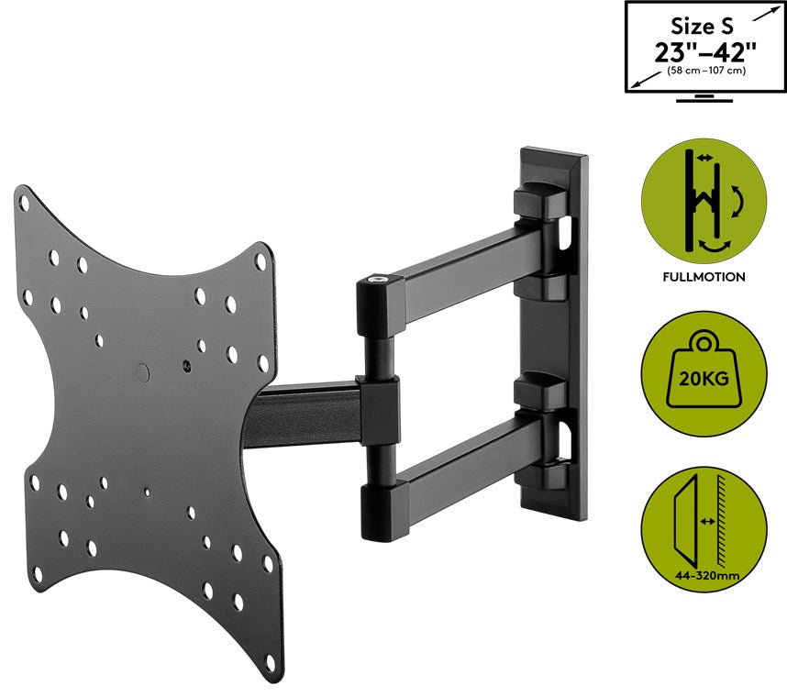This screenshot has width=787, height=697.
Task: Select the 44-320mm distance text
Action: pos(703,575)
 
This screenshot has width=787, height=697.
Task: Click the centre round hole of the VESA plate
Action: pos(142,372)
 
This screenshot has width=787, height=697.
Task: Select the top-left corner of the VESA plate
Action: pos(22,194)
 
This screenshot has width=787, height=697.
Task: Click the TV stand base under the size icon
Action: pos(704,98)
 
